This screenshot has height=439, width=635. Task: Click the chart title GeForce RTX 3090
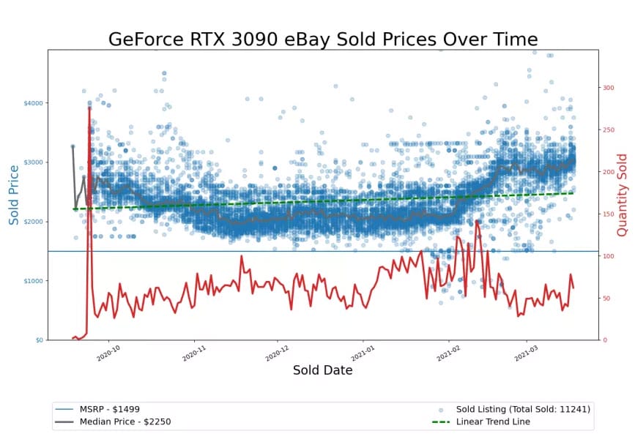click(x=323, y=39)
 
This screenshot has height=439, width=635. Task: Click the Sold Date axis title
click(x=323, y=370)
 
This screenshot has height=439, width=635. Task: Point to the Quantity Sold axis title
click(x=623, y=195)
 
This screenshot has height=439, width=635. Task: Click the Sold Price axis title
click(x=14, y=195)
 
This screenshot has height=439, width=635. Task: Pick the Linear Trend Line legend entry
click(x=491, y=421)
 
